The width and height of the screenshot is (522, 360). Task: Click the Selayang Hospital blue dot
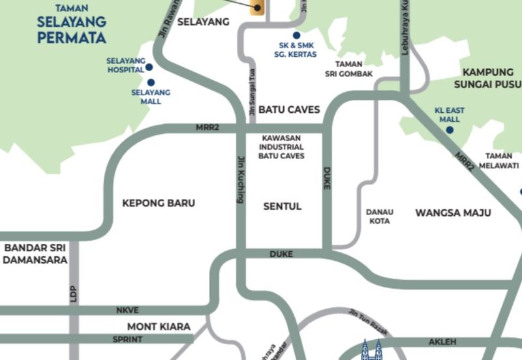click(149, 67)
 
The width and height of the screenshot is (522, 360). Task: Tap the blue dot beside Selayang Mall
click(151, 82)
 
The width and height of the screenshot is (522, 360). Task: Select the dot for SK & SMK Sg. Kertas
click(296, 35)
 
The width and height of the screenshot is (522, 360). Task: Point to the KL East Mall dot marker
click(450, 130)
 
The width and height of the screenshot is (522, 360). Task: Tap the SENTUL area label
click(282, 206)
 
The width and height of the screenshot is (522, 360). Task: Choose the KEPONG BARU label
click(159, 203)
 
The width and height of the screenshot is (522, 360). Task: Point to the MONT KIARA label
click(159, 326)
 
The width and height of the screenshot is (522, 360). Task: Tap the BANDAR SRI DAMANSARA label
click(34, 253)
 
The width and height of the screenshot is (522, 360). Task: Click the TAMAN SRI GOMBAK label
click(354, 69)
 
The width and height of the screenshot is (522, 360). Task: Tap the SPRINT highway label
click(127, 339)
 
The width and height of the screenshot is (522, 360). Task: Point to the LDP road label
click(73, 293)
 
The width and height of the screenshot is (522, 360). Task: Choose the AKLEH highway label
click(442, 342)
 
